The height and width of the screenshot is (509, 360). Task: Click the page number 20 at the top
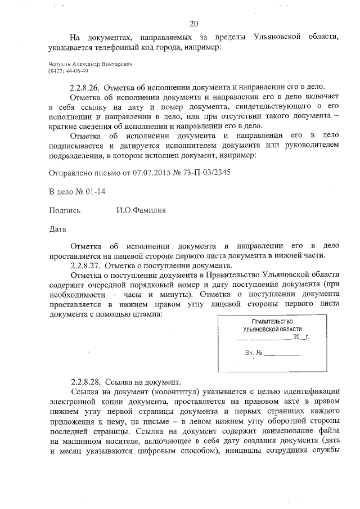click(x=194, y=23)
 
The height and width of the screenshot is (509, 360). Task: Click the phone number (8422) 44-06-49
click(x=68, y=72)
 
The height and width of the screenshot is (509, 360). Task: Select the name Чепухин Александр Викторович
click(x=90, y=65)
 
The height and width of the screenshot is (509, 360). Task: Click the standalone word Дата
click(x=58, y=229)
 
